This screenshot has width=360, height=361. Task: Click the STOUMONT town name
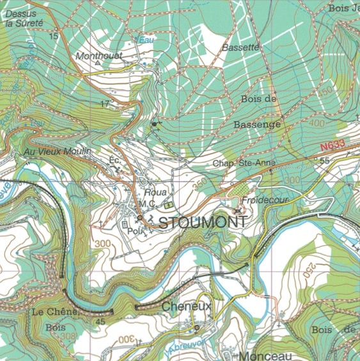202,222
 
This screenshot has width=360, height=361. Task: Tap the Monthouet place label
98,56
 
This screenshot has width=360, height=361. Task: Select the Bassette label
240,48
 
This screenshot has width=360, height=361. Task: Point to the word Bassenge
257,125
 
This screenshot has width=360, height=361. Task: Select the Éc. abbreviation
115,160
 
